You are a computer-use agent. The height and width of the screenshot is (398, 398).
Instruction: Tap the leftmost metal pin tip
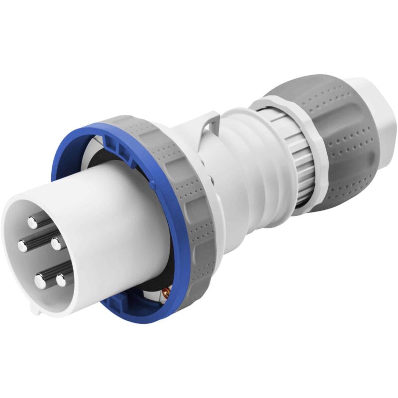[23, 244]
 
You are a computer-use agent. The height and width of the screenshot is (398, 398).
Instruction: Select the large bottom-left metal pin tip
[40, 282]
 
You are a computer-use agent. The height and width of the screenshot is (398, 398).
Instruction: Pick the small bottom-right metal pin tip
[61, 280]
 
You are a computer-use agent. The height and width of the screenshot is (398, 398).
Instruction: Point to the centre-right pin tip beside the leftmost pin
[56, 243]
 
